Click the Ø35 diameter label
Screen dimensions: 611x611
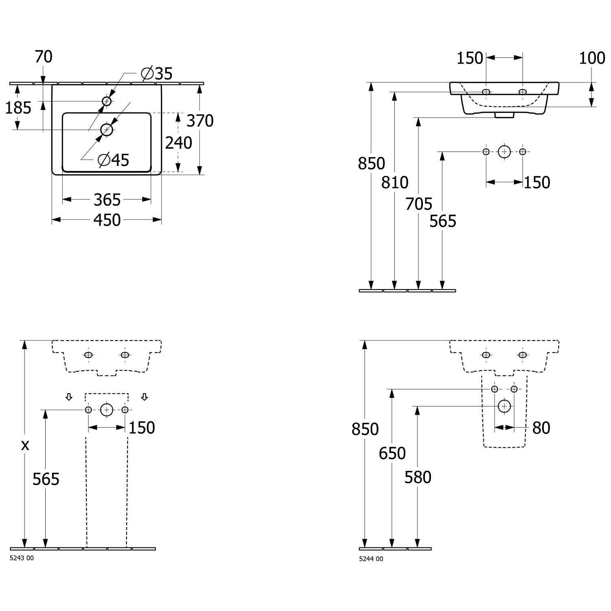click(x=157, y=74)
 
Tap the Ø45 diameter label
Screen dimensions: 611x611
click(x=114, y=160)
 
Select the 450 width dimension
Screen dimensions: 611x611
click(x=107, y=220)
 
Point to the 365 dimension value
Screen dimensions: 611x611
click(x=107, y=200)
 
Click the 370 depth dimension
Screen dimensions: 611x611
click(x=200, y=121)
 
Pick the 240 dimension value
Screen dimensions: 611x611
click(x=179, y=143)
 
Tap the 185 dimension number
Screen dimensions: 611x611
click(x=18, y=108)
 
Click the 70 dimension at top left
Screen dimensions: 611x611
click(x=44, y=57)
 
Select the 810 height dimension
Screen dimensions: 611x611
click(x=395, y=182)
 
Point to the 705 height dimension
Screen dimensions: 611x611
click(x=419, y=204)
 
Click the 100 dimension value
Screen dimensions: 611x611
click(x=592, y=58)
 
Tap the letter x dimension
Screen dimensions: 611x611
click(x=25, y=445)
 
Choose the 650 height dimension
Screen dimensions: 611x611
click(x=392, y=453)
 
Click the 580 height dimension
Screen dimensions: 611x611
click(x=418, y=477)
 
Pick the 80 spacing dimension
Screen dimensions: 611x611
click(x=541, y=428)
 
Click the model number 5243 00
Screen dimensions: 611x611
click(x=22, y=558)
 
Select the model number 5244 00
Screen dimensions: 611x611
click(x=371, y=559)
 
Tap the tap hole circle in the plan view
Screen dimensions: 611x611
click(x=107, y=101)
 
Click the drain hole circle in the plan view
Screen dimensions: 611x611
click(x=107, y=130)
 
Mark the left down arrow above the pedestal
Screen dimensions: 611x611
click(x=69, y=397)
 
